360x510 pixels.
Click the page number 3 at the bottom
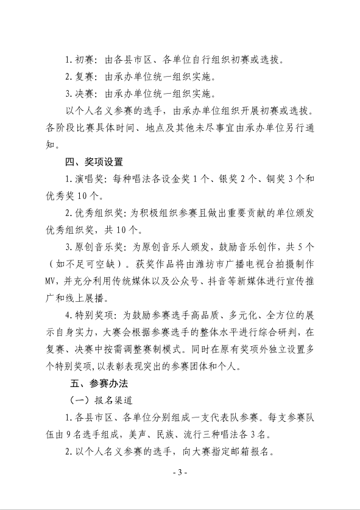pyautogui.click(x=180, y=472)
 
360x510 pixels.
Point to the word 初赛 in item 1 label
pyautogui.click(x=85, y=60)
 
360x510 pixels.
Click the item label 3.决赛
pyautogui.click(x=80, y=94)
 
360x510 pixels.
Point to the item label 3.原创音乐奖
pyautogui.click(x=97, y=248)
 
